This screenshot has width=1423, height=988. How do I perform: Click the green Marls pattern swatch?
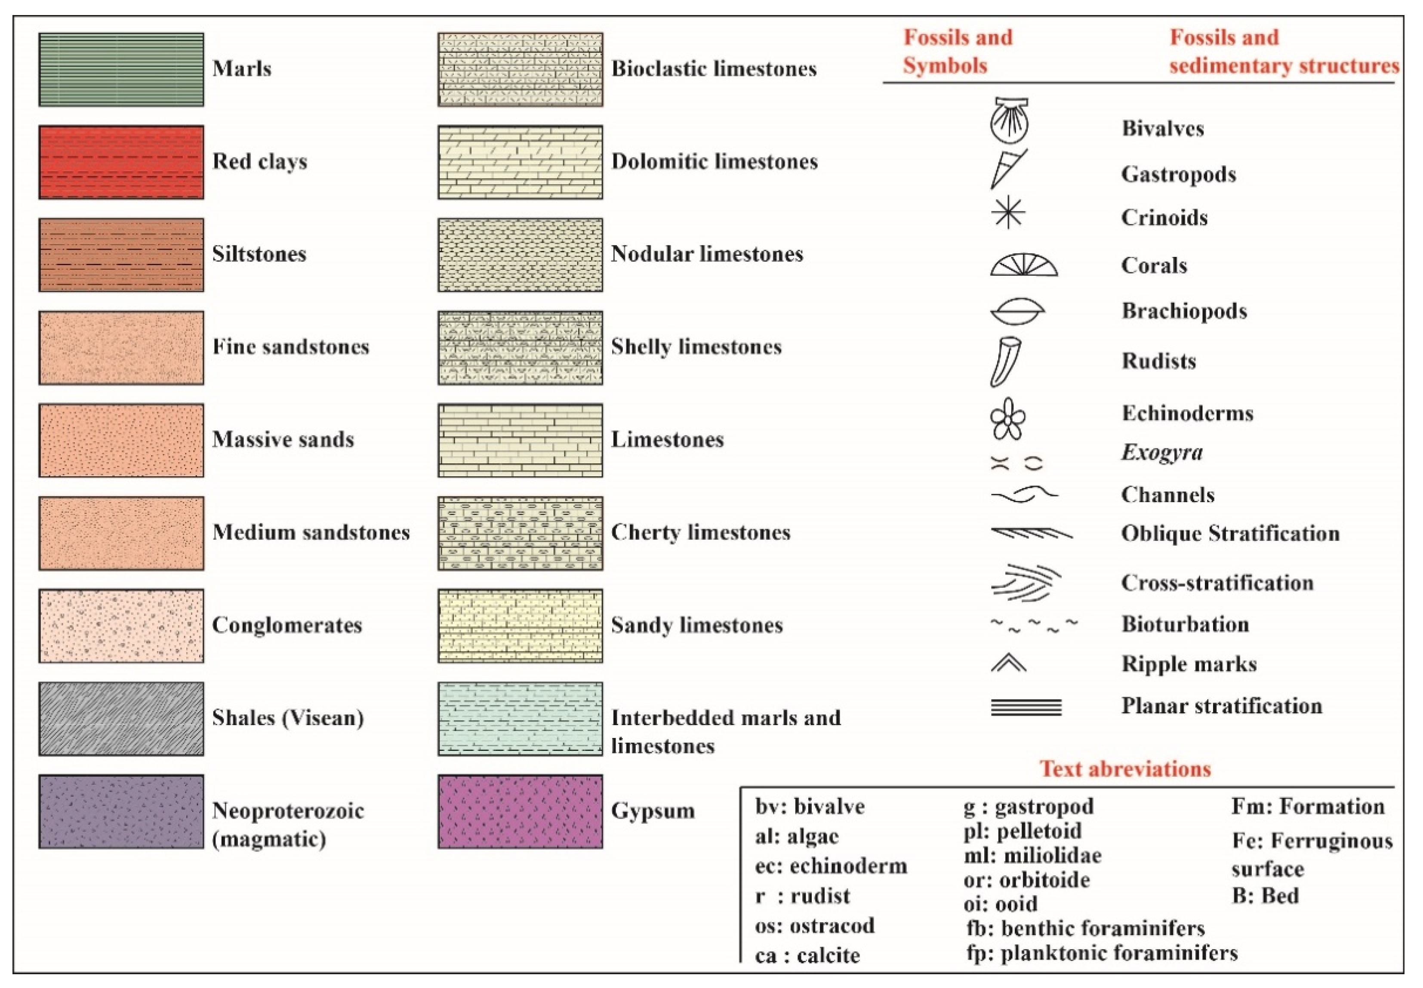121,69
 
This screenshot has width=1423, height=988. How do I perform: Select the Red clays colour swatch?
121,162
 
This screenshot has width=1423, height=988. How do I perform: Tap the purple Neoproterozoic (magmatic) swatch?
121,812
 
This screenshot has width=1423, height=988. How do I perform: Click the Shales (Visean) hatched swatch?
121,719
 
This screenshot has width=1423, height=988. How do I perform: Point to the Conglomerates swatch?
121,626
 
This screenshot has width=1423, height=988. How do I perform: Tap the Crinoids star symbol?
1008,212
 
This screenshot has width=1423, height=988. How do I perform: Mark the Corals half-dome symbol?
1023,265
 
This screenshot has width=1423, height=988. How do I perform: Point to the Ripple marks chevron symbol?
1008,663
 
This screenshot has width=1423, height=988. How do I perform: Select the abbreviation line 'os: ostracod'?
815,926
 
